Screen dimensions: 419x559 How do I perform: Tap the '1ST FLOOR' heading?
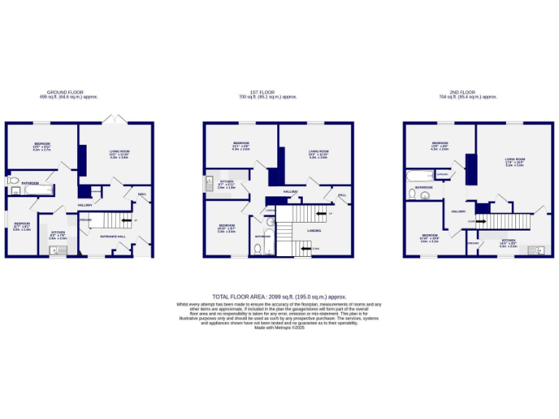point(262,92)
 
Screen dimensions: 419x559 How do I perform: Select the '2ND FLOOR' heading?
point(463,92)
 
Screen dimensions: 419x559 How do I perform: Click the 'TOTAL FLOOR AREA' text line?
point(279,297)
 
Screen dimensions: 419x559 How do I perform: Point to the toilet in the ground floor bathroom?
point(13,181)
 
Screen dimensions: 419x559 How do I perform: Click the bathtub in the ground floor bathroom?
point(39,191)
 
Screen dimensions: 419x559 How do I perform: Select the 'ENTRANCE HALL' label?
point(111,237)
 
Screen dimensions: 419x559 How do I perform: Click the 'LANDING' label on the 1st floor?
point(314,231)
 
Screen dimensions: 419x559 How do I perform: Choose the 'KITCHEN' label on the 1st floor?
point(226,181)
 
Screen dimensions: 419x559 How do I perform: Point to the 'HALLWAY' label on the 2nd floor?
point(459,211)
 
